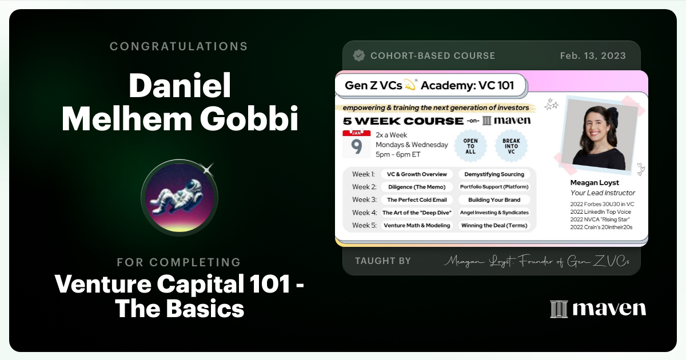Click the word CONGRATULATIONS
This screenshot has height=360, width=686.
tap(179, 46)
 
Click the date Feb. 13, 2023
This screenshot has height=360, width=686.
tap(593, 56)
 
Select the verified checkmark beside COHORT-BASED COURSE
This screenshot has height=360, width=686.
tap(359, 55)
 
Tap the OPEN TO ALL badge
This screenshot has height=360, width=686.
tap(470, 145)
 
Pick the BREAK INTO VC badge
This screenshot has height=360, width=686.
tap(510, 145)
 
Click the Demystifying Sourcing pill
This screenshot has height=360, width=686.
tap(494, 174)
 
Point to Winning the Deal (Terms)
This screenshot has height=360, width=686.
tap(494, 225)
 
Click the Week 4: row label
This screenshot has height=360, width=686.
tap(364, 213)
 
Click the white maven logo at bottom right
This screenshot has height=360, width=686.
tap(598, 309)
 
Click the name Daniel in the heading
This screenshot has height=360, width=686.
tap(180, 86)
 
